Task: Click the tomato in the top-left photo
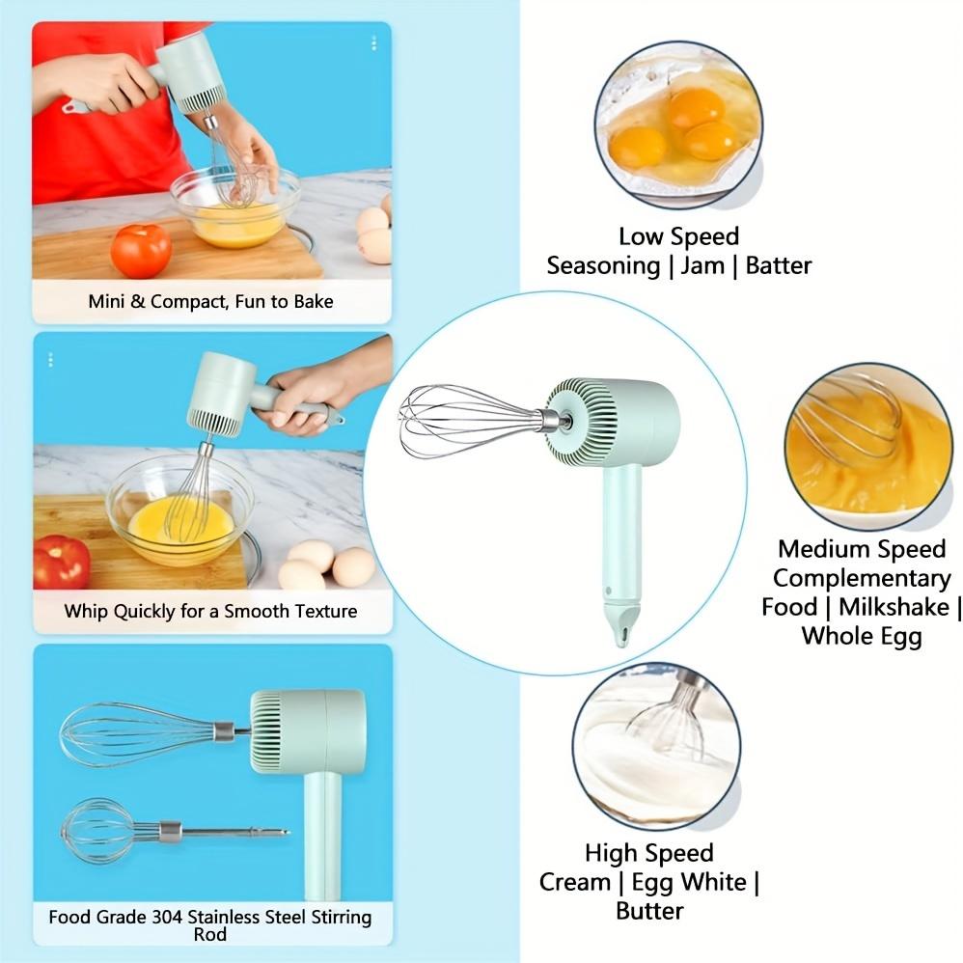tap(141, 250)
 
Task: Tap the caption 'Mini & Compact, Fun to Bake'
tap(210, 301)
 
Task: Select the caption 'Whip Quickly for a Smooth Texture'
tap(210, 611)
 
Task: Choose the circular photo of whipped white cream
tap(656, 746)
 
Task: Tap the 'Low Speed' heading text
tap(678, 236)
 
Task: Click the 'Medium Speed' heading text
tap(862, 549)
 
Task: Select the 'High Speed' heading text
tap(648, 853)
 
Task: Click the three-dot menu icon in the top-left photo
tap(373, 43)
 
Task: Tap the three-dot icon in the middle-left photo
tap(50, 360)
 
